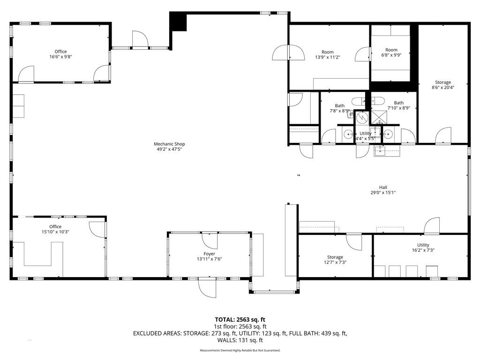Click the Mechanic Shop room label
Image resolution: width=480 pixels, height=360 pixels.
[169, 147]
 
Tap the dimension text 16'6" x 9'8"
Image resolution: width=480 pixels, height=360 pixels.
[60, 57]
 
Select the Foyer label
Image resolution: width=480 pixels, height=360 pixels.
[210, 254]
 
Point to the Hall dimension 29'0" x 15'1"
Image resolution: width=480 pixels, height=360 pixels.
[383, 193]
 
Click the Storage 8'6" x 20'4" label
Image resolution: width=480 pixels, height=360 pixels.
[442, 85]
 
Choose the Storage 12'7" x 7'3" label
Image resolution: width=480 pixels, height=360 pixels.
[335, 260]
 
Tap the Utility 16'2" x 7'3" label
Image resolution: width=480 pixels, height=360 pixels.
[423, 247]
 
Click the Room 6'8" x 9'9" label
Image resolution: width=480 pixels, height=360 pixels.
[391, 52]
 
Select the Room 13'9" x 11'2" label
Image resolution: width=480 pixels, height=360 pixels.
[328, 54]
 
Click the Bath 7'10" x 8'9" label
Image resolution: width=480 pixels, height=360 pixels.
[398, 105]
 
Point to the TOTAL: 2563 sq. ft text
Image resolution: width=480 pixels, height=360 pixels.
[240, 320]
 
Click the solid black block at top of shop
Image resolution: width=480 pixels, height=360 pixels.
[178, 22]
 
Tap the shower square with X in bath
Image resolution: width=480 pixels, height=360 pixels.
[379, 118]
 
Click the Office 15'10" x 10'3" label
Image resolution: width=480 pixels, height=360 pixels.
[55, 229]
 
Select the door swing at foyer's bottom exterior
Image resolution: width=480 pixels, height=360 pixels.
[207, 288]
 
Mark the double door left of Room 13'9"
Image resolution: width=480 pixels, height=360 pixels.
[289, 52]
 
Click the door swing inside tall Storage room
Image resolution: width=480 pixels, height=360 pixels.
[443, 135]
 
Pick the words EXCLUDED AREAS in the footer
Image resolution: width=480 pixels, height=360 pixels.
[157, 333]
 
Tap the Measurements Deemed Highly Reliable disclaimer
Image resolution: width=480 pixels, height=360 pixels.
[240, 350]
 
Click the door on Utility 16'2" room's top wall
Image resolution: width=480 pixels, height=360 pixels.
[432, 225]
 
